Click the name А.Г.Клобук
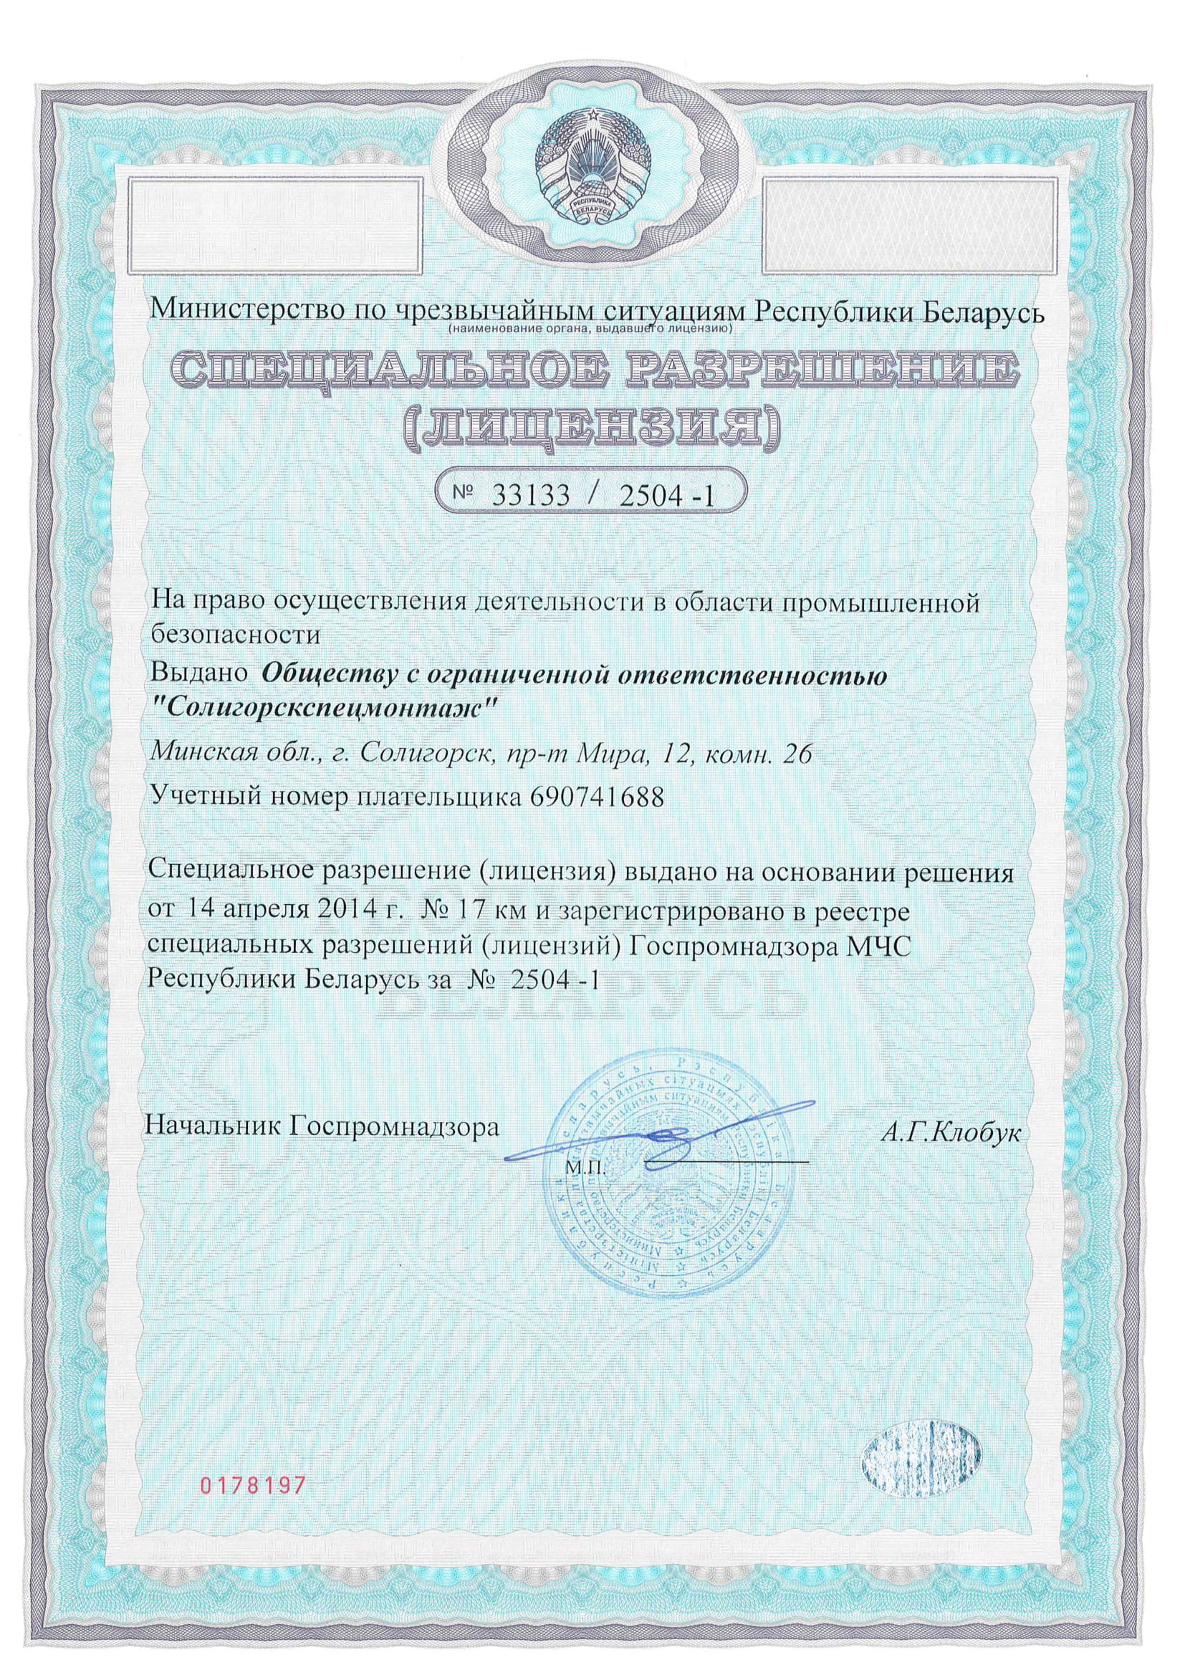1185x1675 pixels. click(x=950, y=1131)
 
